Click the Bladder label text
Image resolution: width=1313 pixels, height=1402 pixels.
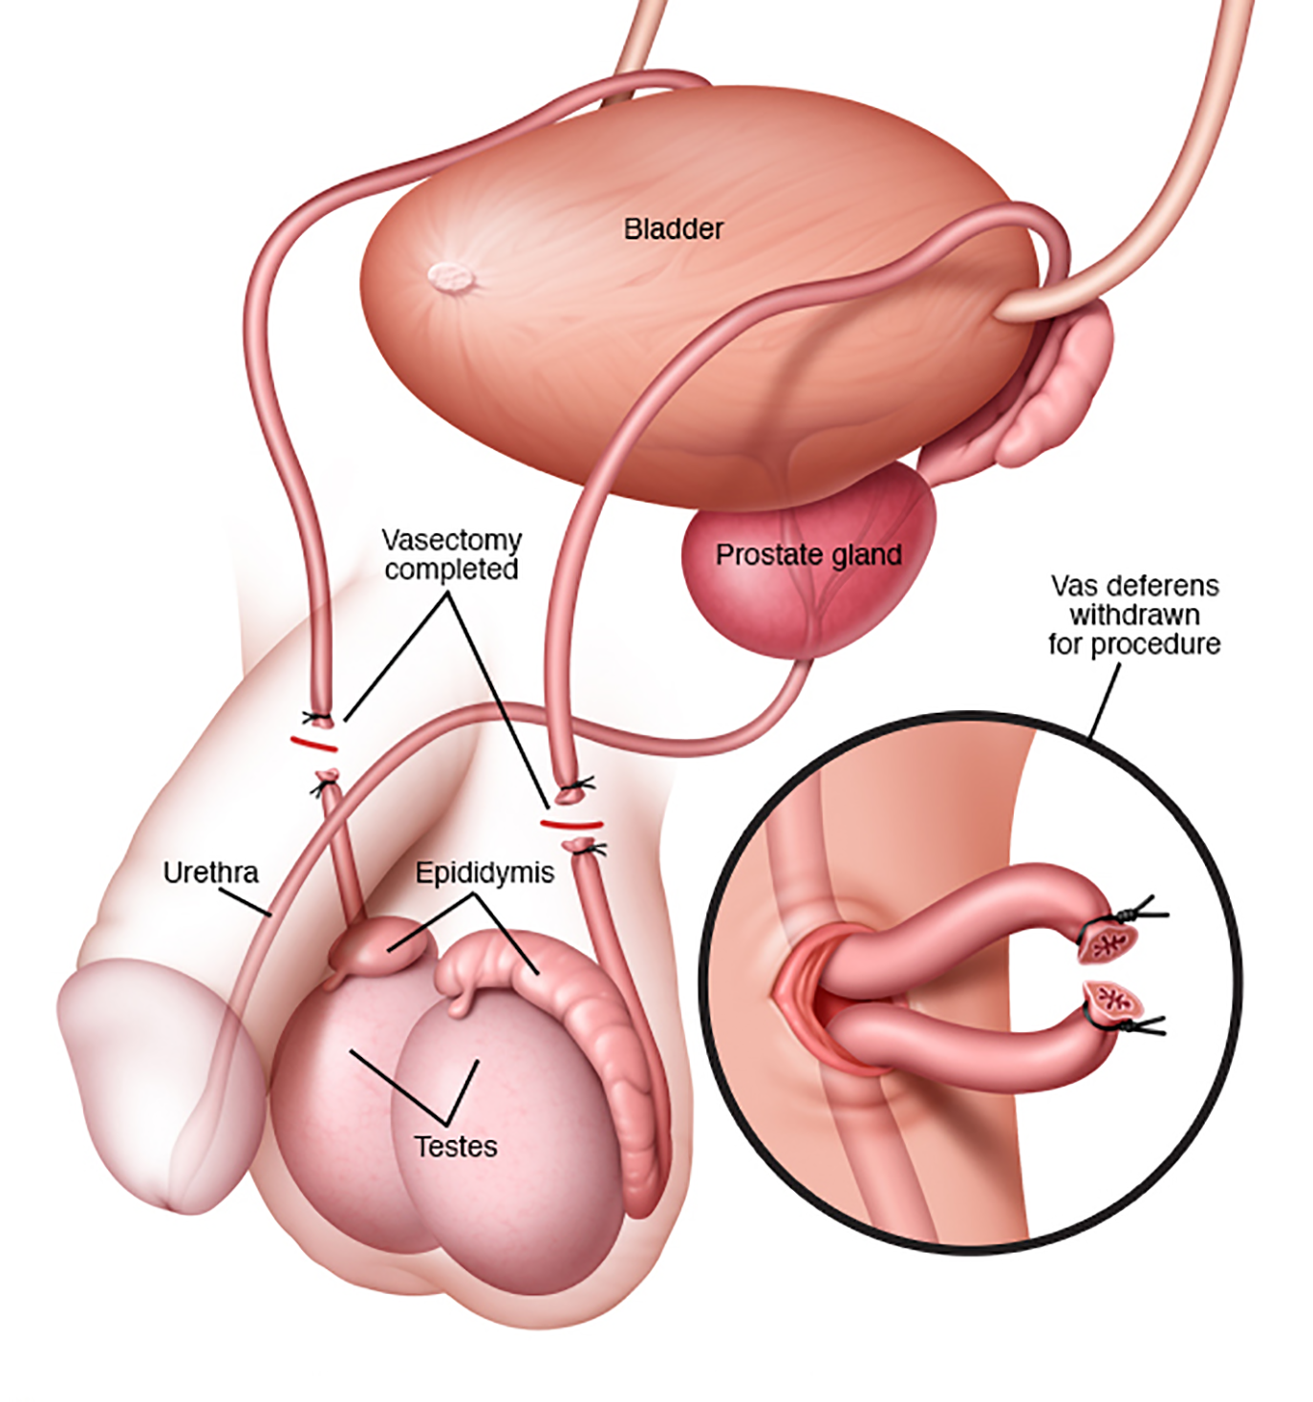tap(673, 229)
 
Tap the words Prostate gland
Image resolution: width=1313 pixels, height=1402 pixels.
tap(808, 555)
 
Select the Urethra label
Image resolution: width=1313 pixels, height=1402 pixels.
tap(210, 873)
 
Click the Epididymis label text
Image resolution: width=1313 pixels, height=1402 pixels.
tap(484, 873)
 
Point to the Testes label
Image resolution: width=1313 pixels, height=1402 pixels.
tap(456, 1146)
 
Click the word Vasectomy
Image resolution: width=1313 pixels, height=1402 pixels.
tap(452, 540)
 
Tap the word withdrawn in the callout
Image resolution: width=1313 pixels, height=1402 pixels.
tap(1134, 615)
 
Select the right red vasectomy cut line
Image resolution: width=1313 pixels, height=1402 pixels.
tap(570, 823)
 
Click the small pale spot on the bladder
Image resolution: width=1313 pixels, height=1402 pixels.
tap(452, 278)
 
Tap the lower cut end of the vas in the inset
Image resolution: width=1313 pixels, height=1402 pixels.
tap(1109, 1003)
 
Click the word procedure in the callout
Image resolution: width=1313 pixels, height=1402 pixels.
tap(1134, 644)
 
